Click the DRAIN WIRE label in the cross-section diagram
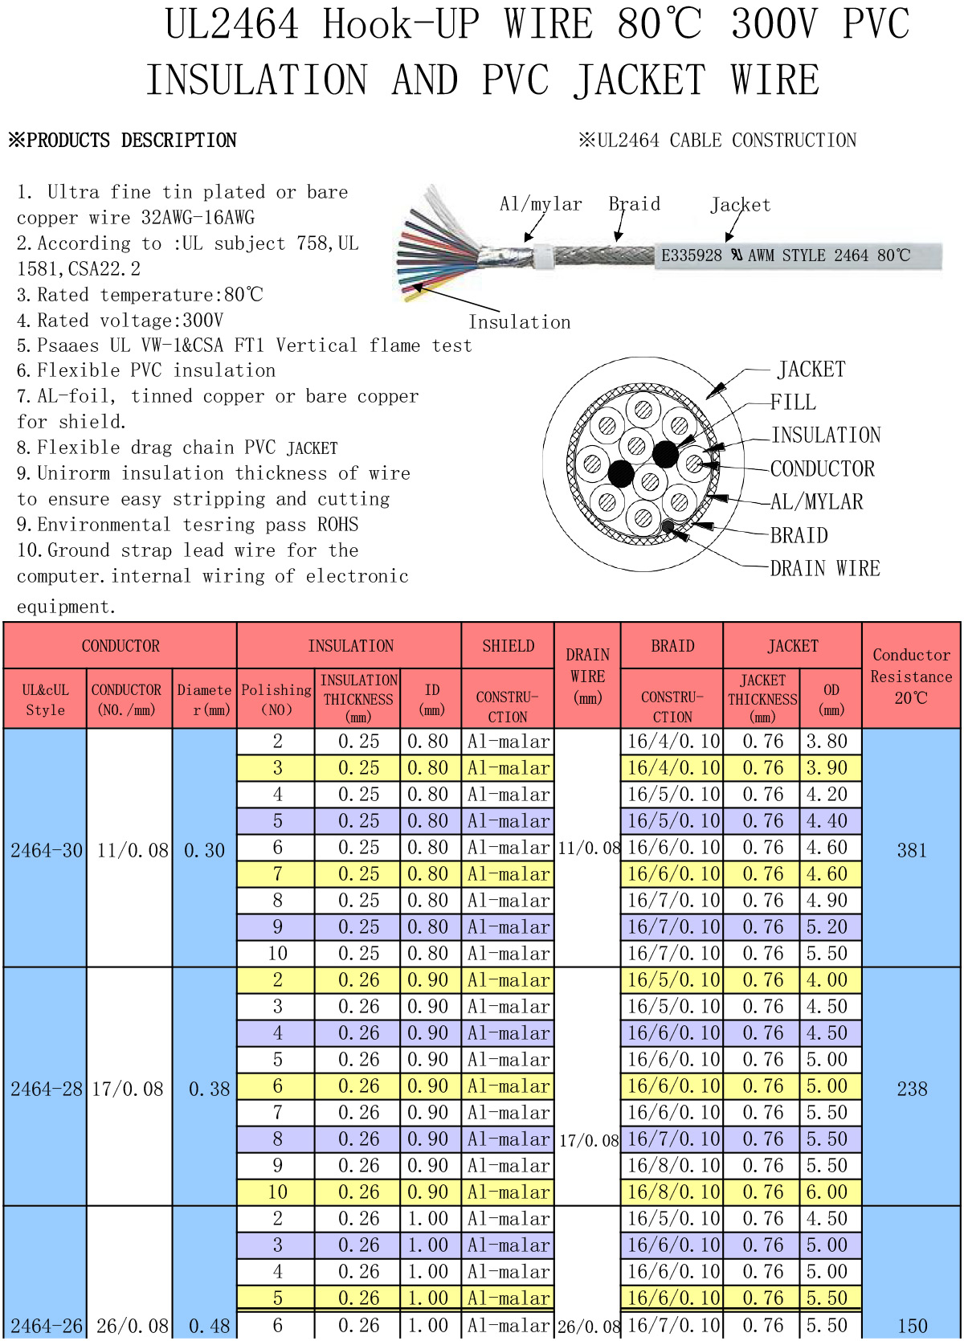[824, 567]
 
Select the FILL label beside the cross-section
[793, 402]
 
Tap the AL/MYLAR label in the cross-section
[816, 501]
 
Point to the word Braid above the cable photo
[635, 203]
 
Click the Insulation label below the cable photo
[520, 322]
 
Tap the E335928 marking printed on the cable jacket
[691, 256]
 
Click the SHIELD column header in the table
[508, 645]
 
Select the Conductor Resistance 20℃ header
[911, 676]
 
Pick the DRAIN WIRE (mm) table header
[587, 676]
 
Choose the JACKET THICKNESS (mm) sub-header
[762, 698]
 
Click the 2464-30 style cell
[46, 850]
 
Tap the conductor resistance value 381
[911, 850]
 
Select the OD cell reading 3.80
[827, 741]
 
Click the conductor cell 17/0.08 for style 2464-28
[128, 1089]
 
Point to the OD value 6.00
[827, 1192]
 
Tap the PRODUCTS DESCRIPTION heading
[123, 140]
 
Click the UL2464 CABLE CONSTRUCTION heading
[717, 140]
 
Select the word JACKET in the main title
[639, 80]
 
